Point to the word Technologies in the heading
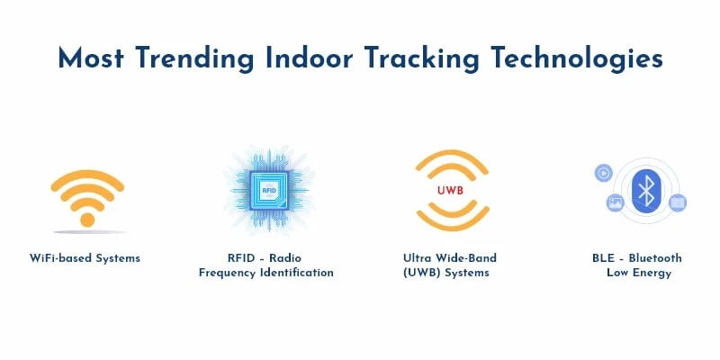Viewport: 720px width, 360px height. click(575, 58)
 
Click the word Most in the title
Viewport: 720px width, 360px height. click(89, 58)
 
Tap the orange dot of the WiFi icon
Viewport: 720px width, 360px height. click(87, 218)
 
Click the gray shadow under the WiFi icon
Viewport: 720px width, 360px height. click(87, 230)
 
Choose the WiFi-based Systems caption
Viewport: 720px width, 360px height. click(85, 258)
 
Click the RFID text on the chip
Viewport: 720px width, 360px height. click(268, 191)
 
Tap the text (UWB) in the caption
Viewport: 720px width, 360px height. click(421, 273)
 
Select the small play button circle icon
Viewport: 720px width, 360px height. click(603, 173)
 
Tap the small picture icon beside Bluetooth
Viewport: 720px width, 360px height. click(616, 203)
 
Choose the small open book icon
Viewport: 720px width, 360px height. click(678, 202)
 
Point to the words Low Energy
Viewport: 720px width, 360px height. click(639, 273)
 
